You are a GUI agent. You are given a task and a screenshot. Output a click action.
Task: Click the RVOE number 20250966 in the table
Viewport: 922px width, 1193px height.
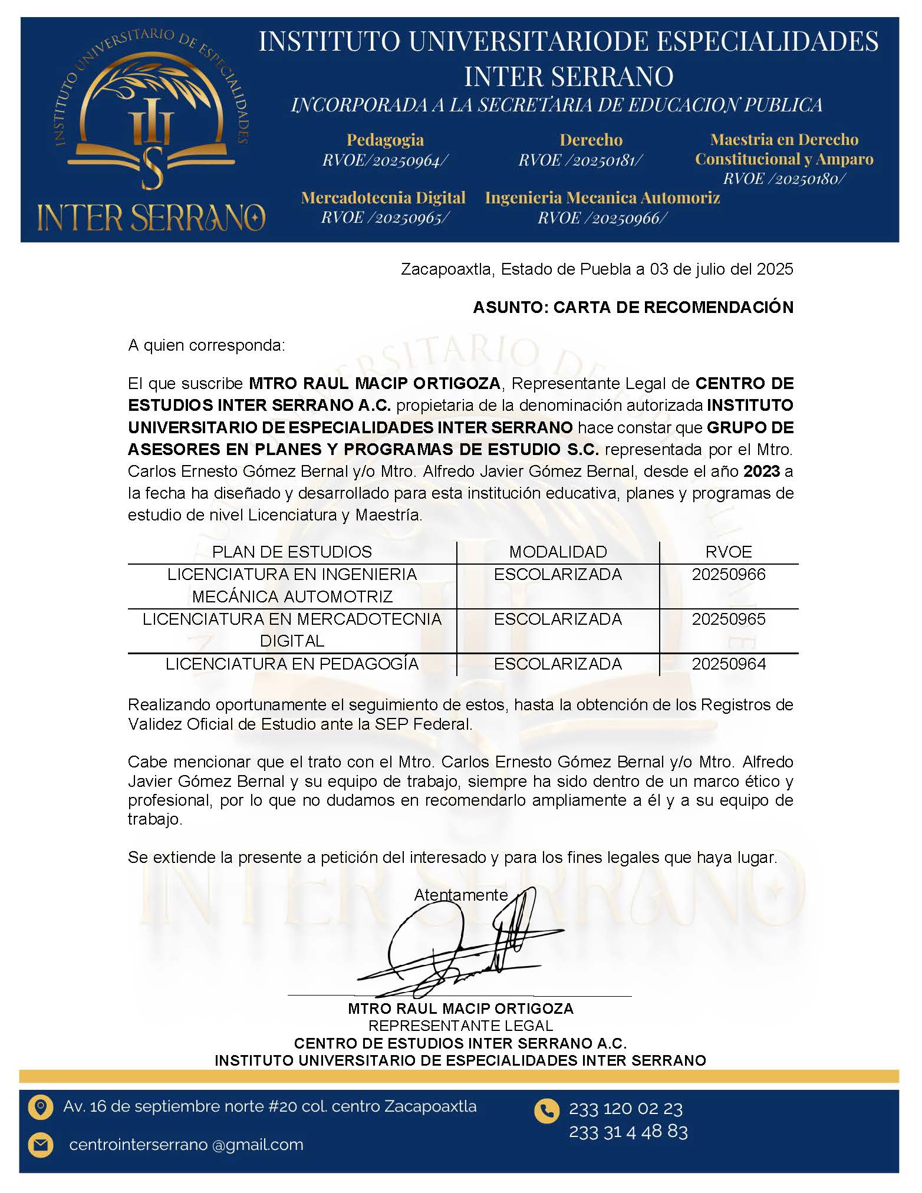[x=728, y=574]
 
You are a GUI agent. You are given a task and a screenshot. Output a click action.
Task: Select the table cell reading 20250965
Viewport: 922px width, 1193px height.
[x=728, y=619]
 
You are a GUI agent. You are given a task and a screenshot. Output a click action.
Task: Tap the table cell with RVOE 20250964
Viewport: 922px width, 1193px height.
[x=728, y=664]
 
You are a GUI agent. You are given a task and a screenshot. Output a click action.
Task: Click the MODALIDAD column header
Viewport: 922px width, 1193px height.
[x=558, y=552]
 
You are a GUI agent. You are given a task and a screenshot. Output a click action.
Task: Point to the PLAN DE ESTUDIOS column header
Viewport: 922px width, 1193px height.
[x=292, y=552]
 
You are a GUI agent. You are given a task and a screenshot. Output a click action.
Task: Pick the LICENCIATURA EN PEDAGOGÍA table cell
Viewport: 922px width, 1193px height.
[x=292, y=664]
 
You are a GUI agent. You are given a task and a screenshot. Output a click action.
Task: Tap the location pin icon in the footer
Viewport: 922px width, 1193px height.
[x=41, y=1106]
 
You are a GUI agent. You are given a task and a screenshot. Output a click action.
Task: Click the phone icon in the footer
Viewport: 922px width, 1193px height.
[x=546, y=1110]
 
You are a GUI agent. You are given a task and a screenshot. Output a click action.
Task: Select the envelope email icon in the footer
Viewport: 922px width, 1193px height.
[x=41, y=1145]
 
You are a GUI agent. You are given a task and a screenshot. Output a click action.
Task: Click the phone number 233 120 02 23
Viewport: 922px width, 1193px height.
[x=625, y=1109]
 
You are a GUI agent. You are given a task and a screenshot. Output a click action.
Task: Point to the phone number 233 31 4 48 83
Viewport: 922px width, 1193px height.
[x=628, y=1131]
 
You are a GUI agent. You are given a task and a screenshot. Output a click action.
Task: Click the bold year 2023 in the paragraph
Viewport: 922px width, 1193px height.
[x=762, y=472]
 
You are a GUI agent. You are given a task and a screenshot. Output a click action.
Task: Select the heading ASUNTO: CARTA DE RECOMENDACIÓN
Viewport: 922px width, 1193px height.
[x=633, y=307]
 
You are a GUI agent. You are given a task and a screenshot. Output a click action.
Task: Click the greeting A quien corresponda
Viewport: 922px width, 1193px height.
[x=206, y=345]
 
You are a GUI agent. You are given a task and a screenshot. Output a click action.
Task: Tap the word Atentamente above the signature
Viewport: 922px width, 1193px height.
[x=460, y=895]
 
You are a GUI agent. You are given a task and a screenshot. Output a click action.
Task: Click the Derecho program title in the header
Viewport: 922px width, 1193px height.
[x=591, y=140]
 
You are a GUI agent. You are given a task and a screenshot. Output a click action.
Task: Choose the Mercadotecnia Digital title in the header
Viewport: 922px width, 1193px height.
[x=383, y=197]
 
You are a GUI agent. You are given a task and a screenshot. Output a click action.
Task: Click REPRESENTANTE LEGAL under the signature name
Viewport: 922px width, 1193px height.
[x=460, y=1026]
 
